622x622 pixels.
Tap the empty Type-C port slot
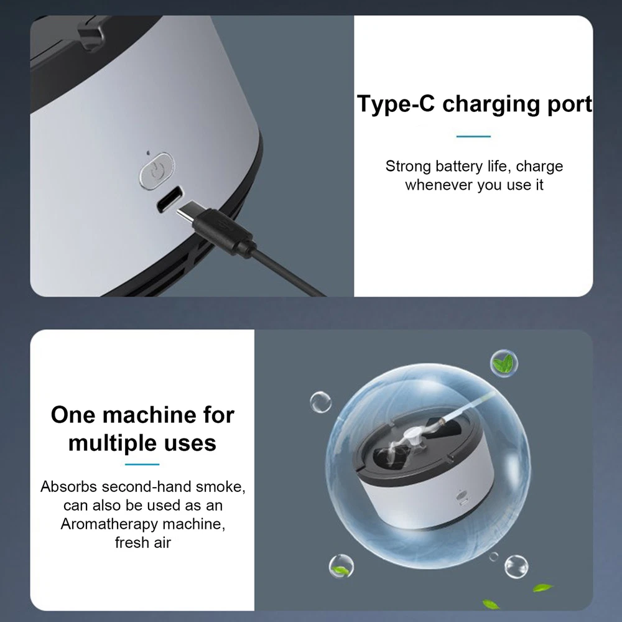click(170, 200)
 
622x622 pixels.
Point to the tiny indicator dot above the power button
click(148, 153)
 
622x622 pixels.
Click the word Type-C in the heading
click(396, 104)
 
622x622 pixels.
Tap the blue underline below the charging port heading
click(473, 136)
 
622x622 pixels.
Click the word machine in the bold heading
click(149, 415)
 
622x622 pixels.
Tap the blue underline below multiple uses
click(142, 464)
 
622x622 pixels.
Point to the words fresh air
click(143, 542)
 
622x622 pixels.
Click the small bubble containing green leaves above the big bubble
click(504, 363)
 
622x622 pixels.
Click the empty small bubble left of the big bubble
click(320, 402)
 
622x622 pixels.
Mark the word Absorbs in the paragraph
click(69, 487)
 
